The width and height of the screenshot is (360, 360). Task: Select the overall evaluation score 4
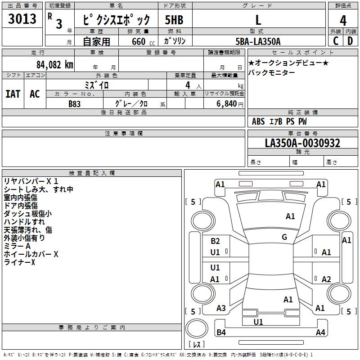pos(343,20)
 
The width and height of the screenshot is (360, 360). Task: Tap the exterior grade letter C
pos(336,40)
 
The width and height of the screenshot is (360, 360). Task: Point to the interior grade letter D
pos(350,40)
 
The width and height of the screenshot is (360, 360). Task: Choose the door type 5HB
pos(175,20)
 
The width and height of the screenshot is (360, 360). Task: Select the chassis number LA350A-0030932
pos(302,144)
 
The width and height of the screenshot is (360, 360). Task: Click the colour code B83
pos(75,103)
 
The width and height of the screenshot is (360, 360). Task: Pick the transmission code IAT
pos(13,94)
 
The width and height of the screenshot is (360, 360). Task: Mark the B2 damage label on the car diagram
pos(215,241)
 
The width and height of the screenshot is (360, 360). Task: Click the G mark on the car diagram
pos(284,237)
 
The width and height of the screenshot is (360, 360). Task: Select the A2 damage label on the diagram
pos(327,279)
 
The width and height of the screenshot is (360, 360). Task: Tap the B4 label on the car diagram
pos(221,333)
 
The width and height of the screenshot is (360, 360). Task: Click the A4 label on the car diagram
pos(320,333)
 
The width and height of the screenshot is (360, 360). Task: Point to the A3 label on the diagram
pos(221,308)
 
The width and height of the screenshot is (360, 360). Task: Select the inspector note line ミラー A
pos(17,246)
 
